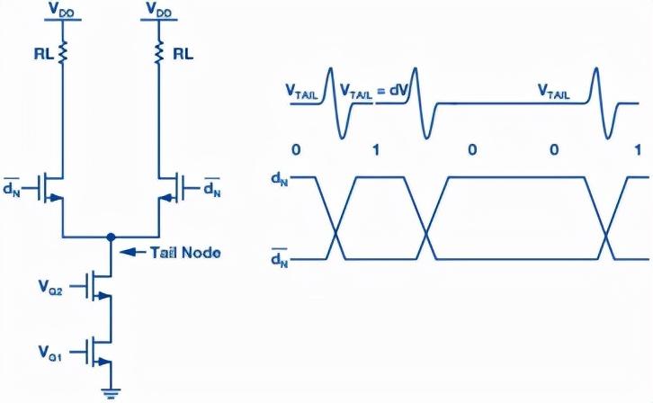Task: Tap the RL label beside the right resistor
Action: click(x=183, y=53)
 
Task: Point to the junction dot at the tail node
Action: click(x=111, y=237)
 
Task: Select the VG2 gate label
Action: click(x=49, y=288)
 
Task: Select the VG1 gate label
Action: click(x=49, y=346)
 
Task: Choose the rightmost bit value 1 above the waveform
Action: click(x=638, y=148)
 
